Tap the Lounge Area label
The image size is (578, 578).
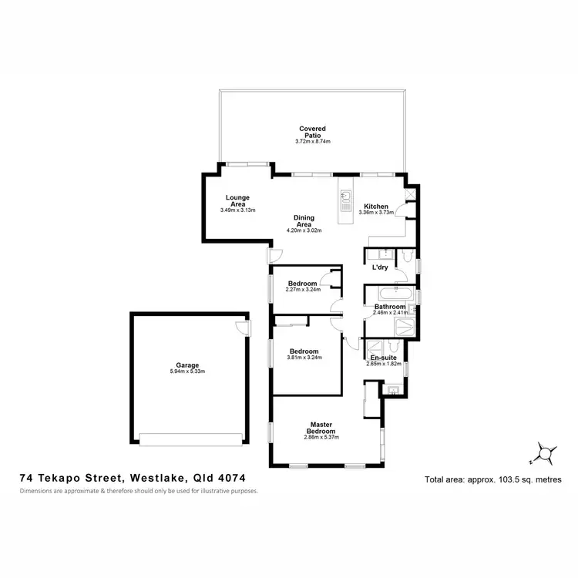[237, 200]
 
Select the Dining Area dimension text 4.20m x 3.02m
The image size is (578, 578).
[303, 230]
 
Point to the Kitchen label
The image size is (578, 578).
[375, 206]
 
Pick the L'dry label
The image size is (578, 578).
[379, 267]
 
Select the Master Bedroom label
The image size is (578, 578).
[321, 428]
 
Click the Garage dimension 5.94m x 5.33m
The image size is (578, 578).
[187, 371]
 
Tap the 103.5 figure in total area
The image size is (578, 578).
[505, 479]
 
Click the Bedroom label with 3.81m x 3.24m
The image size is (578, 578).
[304, 351]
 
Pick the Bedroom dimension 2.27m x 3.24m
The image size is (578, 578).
[303, 290]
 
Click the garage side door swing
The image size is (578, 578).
[243, 328]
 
